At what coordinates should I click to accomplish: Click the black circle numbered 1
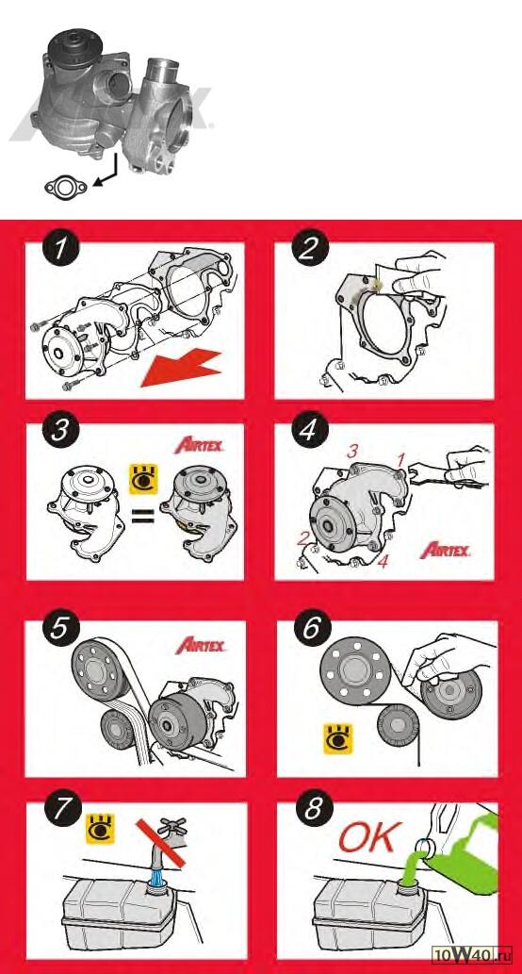[x=59, y=251]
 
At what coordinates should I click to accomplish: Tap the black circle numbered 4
[x=309, y=431]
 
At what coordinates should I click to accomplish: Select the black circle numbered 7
[x=59, y=810]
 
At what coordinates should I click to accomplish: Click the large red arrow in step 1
[x=181, y=368]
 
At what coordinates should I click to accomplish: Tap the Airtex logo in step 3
[x=199, y=445]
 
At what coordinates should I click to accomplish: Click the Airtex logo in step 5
[x=201, y=645]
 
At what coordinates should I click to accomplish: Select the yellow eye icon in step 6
[x=339, y=738]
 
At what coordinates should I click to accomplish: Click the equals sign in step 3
[x=143, y=516]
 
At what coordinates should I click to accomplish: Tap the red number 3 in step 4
[x=352, y=452]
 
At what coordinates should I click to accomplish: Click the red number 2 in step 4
[x=302, y=538]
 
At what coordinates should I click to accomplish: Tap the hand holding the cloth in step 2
[x=418, y=273]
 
